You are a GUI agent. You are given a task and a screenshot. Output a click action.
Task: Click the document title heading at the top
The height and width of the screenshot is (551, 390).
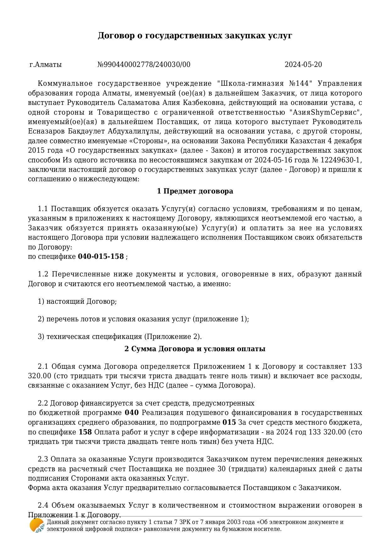195,35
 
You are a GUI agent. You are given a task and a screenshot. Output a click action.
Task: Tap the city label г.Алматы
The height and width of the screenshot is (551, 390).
46,65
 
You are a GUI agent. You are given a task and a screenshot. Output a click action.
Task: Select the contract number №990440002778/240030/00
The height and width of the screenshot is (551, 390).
144,65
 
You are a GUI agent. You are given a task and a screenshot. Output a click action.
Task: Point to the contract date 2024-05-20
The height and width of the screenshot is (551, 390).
303,65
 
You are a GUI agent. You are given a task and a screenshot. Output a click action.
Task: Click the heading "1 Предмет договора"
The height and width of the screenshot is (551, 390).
195,191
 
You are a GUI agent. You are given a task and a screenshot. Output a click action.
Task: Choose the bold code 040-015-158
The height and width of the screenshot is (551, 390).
101,257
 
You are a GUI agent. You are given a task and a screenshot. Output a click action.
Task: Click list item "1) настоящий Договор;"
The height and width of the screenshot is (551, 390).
77,302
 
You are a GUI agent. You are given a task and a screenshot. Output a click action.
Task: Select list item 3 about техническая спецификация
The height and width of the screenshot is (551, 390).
120,337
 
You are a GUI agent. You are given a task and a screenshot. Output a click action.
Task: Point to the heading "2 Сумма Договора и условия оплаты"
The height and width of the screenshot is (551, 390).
195,349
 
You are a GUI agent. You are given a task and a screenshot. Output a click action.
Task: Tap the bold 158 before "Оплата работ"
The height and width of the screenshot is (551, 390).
85,432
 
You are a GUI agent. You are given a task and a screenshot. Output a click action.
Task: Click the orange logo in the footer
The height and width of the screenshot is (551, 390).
37,525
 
